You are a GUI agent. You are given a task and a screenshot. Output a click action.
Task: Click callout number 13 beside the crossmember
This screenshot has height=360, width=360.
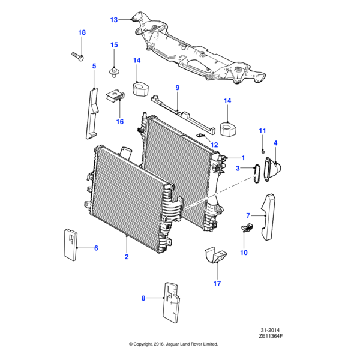click(114, 20)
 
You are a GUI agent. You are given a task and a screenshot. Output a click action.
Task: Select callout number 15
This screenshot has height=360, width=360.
click(114, 44)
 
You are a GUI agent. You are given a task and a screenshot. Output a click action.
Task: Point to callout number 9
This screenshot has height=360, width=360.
click(178, 88)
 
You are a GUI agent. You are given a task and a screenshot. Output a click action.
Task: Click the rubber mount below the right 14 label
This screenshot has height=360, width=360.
click(227, 129)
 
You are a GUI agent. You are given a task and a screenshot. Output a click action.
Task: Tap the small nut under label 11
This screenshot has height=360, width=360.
click(263, 149)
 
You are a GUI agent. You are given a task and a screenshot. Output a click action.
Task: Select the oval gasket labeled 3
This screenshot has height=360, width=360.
click(256, 172)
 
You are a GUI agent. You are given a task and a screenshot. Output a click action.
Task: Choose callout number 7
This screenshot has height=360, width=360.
click(248, 215)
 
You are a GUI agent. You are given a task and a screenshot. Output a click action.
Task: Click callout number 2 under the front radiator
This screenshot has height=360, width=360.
click(127, 257)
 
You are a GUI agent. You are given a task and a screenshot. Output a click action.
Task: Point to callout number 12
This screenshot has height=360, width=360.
click(214, 145)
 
